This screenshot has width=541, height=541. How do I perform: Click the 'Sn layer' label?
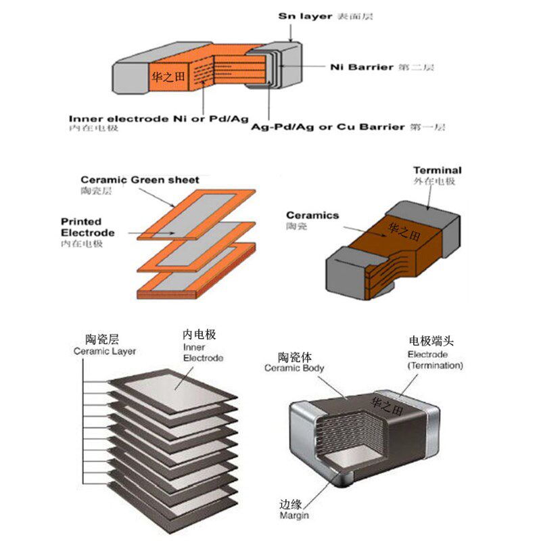(x=306, y=15)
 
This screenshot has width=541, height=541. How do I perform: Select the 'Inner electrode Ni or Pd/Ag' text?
(x=159, y=118)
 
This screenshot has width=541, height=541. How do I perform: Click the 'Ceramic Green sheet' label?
(x=140, y=180)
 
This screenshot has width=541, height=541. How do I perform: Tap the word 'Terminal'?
(x=437, y=170)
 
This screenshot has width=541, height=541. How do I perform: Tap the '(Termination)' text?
(x=435, y=365)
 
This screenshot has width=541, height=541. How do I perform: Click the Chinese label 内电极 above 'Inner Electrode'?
(x=199, y=335)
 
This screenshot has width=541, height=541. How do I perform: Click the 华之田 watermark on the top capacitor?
(x=166, y=76)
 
